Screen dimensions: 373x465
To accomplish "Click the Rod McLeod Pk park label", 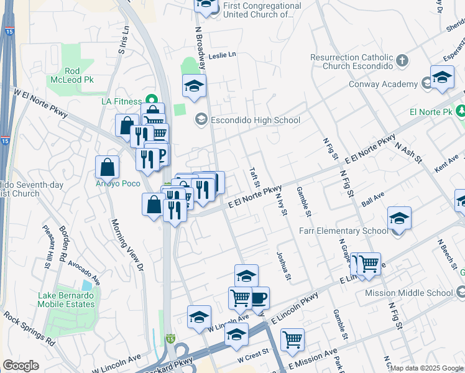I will (x=71, y=75).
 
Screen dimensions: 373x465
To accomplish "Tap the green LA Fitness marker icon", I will (x=150, y=100).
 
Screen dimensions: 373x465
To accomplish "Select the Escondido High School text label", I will (x=256, y=120).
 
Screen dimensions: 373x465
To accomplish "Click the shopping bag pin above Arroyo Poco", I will (x=108, y=167).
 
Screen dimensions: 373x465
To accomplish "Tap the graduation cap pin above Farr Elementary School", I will (x=399, y=218).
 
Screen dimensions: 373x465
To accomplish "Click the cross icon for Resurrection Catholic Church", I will (x=402, y=61).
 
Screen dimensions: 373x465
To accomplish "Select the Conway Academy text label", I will (x=384, y=84).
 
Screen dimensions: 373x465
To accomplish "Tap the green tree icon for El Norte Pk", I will (x=461, y=111).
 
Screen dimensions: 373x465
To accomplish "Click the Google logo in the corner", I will (x=21, y=365).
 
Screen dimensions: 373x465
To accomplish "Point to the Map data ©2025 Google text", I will (x=426, y=368).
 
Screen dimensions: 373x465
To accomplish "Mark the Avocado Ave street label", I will (x=85, y=271).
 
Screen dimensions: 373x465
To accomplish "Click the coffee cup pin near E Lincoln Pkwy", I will (x=258, y=298).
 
